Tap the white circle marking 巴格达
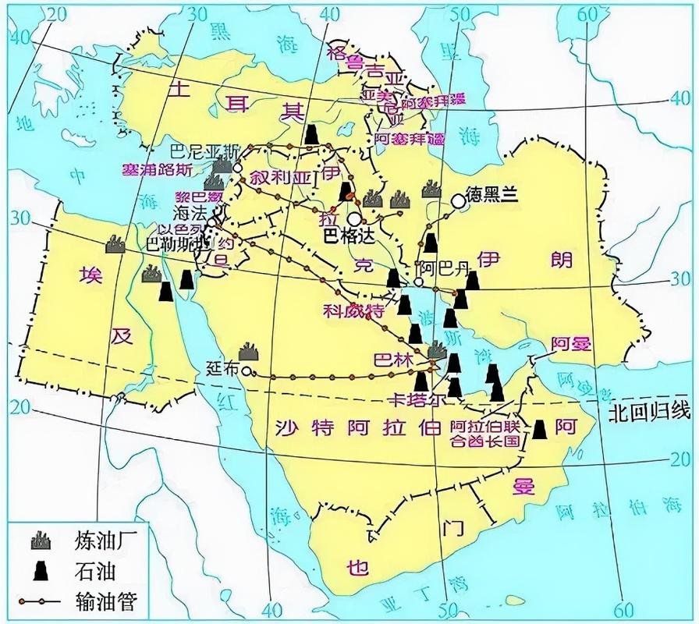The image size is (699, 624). tap(355, 220)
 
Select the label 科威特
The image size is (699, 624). tap(354, 310)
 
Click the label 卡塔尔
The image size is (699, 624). tap(417, 399)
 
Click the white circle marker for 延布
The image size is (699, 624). tap(246, 372)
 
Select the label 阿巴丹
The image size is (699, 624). tap(445, 269)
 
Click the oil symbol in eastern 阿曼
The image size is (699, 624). tap(539, 428)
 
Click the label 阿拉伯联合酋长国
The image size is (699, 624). tap(484, 434)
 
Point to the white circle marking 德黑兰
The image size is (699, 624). tap(457, 201)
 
